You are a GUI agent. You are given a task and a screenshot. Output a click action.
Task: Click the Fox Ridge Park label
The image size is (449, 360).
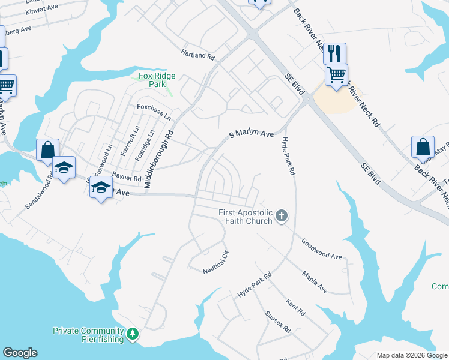tap(152, 80)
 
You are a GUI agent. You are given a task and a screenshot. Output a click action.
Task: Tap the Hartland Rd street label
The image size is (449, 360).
tap(197, 55)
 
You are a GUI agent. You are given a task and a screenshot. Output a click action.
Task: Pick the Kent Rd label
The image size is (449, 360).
tap(295, 308)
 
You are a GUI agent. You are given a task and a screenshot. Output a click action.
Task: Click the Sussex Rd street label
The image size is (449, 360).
tap(278, 322)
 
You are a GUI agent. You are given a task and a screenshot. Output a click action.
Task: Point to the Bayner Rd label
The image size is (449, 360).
tap(126, 178)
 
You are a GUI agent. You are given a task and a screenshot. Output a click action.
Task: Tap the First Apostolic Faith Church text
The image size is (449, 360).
tap(246, 217)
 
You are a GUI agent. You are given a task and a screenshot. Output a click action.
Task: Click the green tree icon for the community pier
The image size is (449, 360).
tap(132, 334)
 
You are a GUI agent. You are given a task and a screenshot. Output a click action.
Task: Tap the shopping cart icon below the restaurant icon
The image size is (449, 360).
tap(336, 75)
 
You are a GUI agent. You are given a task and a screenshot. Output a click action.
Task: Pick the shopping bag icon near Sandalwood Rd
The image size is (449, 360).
tap(47, 149)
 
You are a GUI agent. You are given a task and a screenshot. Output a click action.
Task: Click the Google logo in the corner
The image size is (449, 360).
tap(20, 353)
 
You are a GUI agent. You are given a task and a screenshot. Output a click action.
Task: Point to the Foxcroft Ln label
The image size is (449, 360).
tap(125, 142)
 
